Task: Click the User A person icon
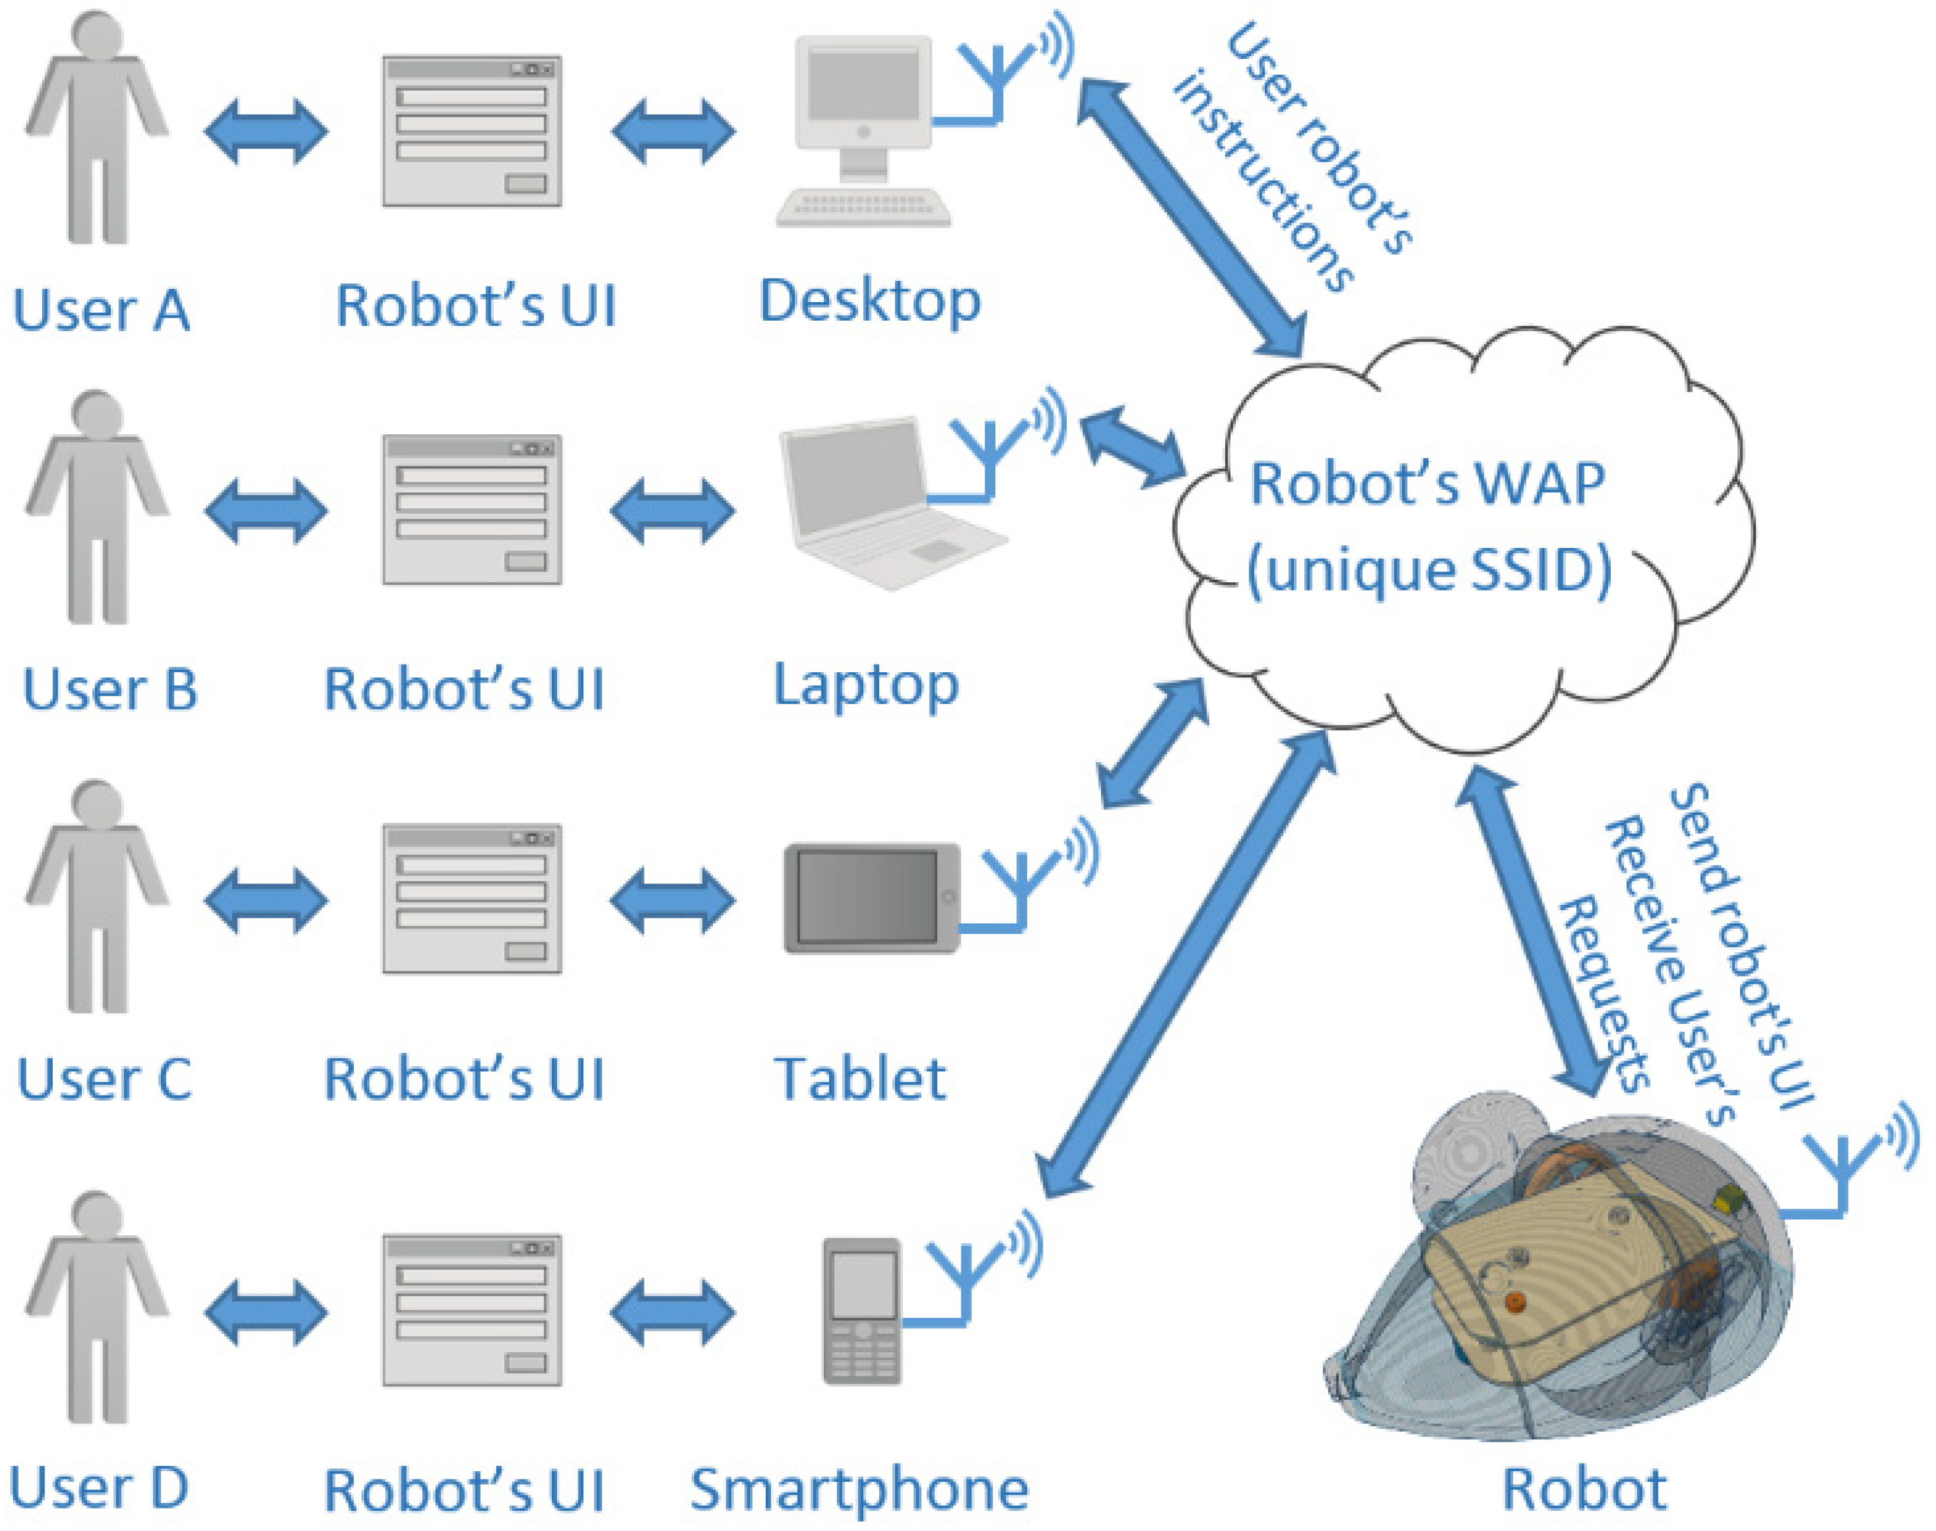click(97, 130)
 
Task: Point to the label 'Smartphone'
click(859, 1490)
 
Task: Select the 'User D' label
click(99, 1488)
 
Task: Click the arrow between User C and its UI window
click(265, 900)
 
